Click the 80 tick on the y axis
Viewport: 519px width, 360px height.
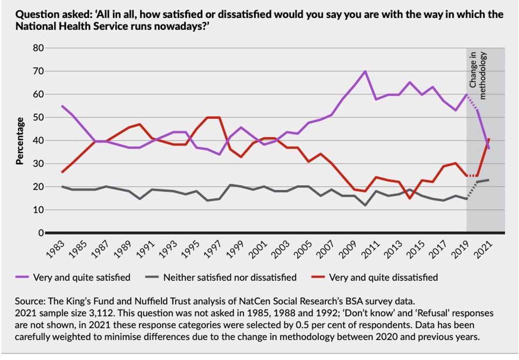[x=38, y=48]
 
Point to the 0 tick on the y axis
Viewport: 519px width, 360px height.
[x=41, y=233]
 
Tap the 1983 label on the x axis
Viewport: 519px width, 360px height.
[x=54, y=250]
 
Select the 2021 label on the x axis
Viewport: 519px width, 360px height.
[x=482, y=250]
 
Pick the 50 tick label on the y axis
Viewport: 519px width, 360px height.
[x=38, y=118]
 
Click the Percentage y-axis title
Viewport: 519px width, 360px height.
[x=19, y=141]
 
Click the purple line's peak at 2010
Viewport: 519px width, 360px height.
[x=365, y=71]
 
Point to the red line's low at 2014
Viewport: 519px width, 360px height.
[x=410, y=198]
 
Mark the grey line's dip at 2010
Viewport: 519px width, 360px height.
[x=365, y=205]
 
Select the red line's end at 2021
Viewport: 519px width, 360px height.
[x=489, y=139]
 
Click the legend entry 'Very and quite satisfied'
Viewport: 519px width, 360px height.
[x=81, y=278]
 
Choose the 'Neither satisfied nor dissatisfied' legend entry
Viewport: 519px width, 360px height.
[x=229, y=278]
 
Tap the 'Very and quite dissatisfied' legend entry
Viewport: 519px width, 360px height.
[x=383, y=278]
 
